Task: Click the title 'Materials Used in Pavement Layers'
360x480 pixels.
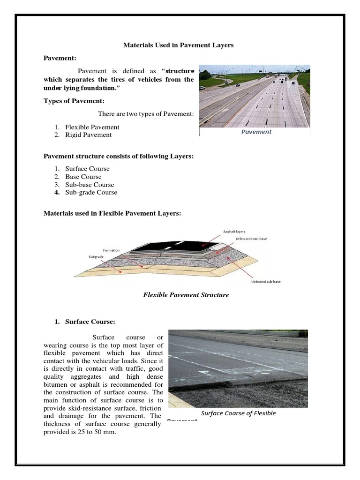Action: pyautogui.click(x=178, y=45)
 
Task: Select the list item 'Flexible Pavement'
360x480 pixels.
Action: pyautogui.click(x=92, y=127)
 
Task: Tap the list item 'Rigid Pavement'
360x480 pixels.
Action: pyautogui.click(x=88, y=135)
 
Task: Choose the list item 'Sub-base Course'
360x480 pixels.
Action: pyautogui.click(x=89, y=185)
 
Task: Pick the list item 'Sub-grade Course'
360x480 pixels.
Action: pyautogui.click(x=91, y=193)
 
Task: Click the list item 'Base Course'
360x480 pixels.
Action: pyautogui.click(x=83, y=177)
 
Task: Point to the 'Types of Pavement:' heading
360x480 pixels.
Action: pyautogui.click(x=74, y=101)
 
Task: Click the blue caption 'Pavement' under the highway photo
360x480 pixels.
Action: pyautogui.click(x=256, y=132)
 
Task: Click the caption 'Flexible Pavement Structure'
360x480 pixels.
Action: pyautogui.click(x=185, y=295)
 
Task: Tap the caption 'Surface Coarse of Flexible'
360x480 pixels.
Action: pyautogui.click(x=238, y=413)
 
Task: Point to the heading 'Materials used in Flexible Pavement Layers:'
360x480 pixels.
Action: pyautogui.click(x=112, y=213)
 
